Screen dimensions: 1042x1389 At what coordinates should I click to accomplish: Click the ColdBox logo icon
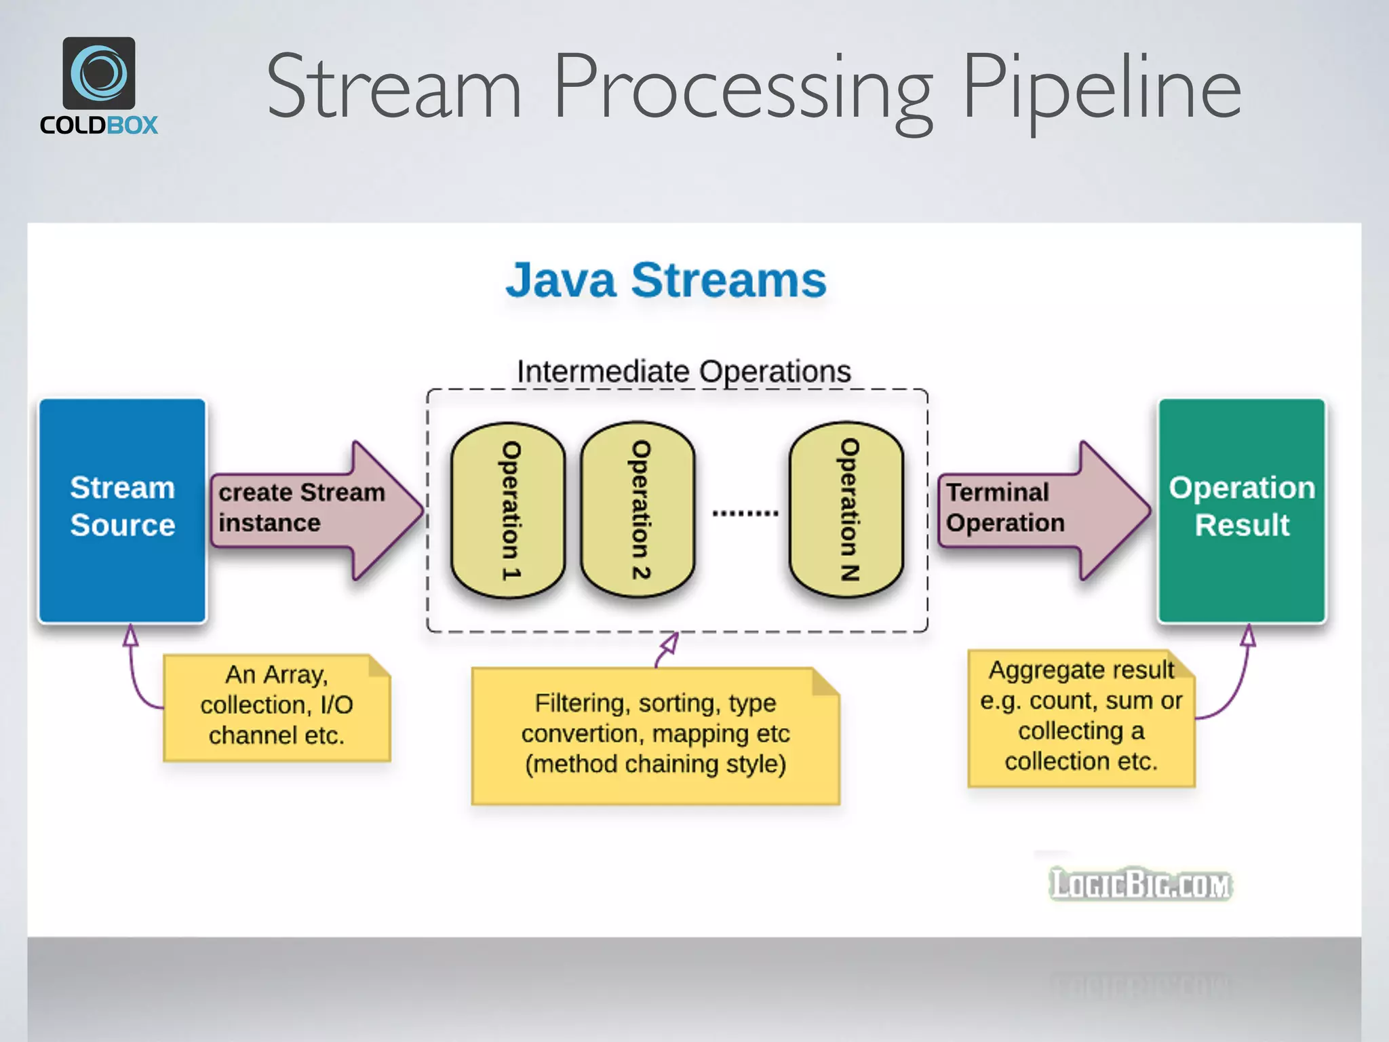click(x=99, y=73)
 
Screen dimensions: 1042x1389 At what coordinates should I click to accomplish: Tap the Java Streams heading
click(x=665, y=279)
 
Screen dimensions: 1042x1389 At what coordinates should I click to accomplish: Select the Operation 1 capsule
click(x=508, y=510)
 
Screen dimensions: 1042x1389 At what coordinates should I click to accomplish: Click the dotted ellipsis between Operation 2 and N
click(x=745, y=514)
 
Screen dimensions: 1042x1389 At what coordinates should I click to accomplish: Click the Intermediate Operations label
click(x=683, y=371)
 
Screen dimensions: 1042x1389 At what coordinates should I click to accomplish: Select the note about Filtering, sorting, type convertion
click(x=655, y=735)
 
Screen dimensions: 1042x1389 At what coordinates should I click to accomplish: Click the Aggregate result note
click(x=1080, y=717)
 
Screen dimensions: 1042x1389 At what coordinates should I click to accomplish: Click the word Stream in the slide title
click(x=393, y=89)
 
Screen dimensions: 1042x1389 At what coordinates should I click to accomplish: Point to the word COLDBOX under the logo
click(x=99, y=126)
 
